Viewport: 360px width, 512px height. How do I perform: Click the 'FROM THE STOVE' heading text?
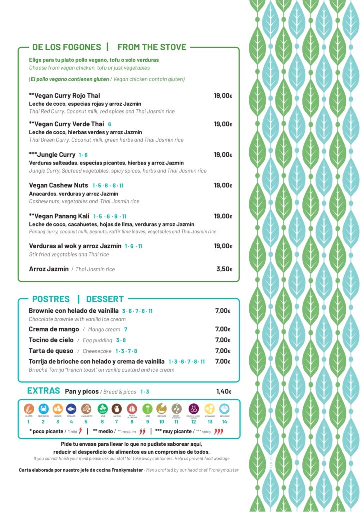(x=152, y=47)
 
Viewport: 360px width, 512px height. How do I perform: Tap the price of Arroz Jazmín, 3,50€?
(x=224, y=269)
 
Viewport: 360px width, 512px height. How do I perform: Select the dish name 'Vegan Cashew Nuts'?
(x=58, y=185)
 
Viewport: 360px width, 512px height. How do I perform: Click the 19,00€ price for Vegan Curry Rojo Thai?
(x=223, y=95)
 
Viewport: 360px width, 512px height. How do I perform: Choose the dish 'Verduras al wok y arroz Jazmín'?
(x=75, y=246)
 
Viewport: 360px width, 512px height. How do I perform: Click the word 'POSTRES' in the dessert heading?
(x=51, y=299)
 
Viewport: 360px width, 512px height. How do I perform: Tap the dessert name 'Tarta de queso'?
(x=51, y=351)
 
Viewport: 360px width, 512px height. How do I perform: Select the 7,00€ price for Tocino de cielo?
(x=223, y=340)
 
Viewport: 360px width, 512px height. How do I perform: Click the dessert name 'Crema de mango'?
(x=54, y=329)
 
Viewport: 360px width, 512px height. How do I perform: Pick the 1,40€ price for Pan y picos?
(x=223, y=391)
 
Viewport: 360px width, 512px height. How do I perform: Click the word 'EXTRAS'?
(x=44, y=391)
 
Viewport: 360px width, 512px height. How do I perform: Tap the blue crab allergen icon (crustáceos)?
(x=43, y=408)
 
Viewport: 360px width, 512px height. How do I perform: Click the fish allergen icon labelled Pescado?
(x=71, y=408)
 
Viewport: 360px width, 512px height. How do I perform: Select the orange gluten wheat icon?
(x=29, y=408)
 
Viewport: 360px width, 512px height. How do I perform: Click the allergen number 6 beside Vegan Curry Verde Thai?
(x=109, y=124)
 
